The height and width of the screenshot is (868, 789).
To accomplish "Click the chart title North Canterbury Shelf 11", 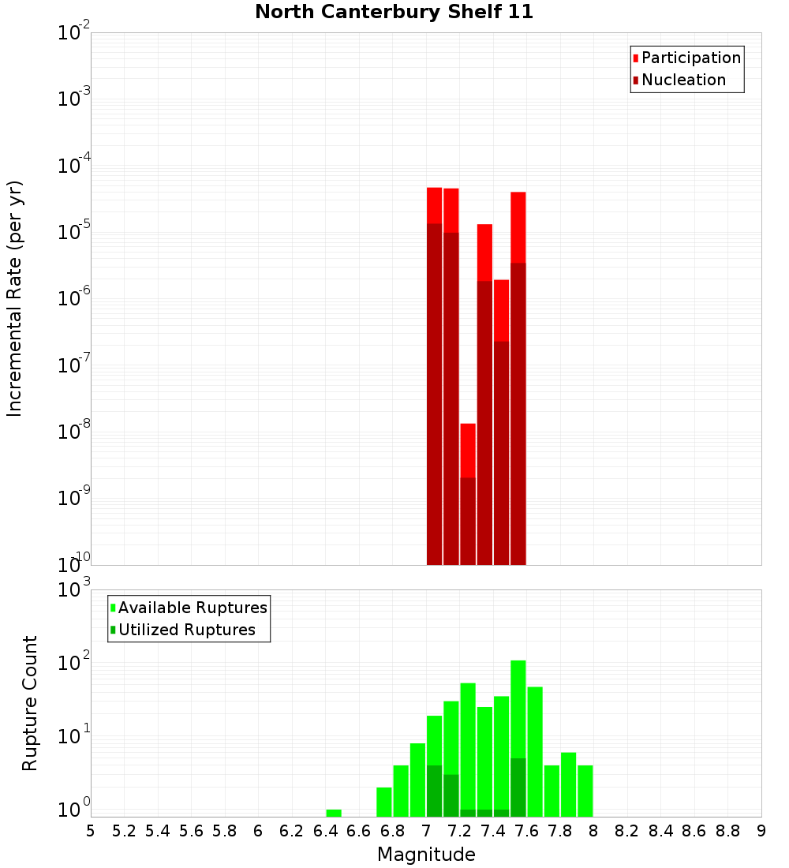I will coord(394,12).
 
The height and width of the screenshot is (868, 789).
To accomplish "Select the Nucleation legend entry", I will coord(682,80).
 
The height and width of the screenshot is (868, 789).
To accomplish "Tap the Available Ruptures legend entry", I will coord(192,608).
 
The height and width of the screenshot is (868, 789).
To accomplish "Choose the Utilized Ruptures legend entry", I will coord(186,630).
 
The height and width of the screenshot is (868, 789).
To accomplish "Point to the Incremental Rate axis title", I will coord(15,298).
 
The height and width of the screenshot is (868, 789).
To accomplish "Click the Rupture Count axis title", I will coord(30,703).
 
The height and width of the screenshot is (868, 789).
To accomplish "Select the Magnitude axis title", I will coord(426,855).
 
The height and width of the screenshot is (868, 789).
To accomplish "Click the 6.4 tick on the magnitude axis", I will coord(325,831).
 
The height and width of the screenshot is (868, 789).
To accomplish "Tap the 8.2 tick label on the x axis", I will coord(627,831).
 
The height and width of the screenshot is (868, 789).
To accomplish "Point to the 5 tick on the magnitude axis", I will coord(91,831).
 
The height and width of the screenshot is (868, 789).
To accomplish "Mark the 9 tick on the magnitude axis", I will coord(761,831).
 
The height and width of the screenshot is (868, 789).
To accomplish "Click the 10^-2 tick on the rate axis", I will coord(73,33).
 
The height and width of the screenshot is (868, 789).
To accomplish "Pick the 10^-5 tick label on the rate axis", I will coord(73,232).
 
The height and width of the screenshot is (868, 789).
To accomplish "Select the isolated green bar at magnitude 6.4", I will coord(334,813).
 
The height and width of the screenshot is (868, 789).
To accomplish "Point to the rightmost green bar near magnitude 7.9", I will coord(585,791).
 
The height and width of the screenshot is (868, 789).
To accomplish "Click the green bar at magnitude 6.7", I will coord(384,802).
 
